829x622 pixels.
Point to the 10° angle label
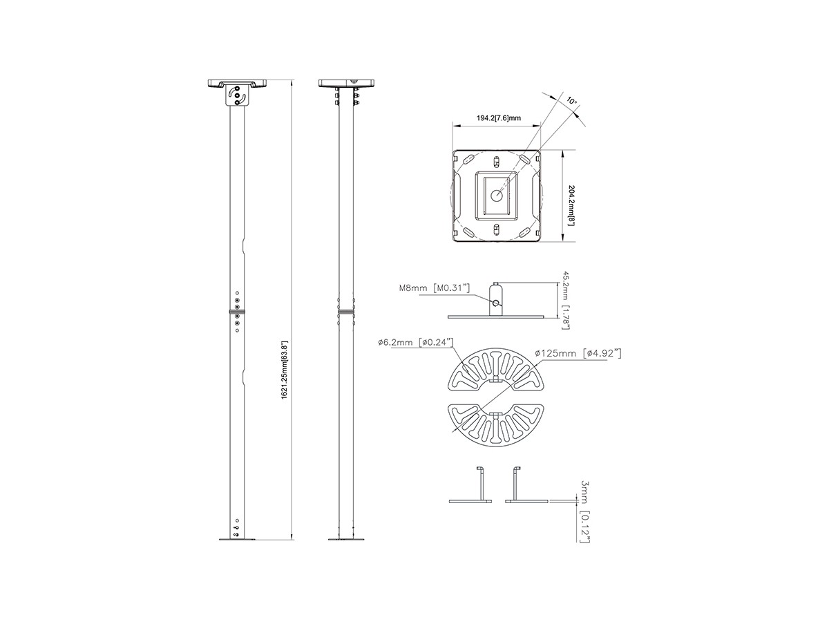[571, 101]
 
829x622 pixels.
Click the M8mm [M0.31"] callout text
[435, 288]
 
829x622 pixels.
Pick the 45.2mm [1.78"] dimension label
[565, 300]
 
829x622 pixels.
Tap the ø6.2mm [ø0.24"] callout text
[415, 343]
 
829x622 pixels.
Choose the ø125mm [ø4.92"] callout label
[578, 353]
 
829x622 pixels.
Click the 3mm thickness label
[584, 492]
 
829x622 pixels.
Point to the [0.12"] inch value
[584, 527]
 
